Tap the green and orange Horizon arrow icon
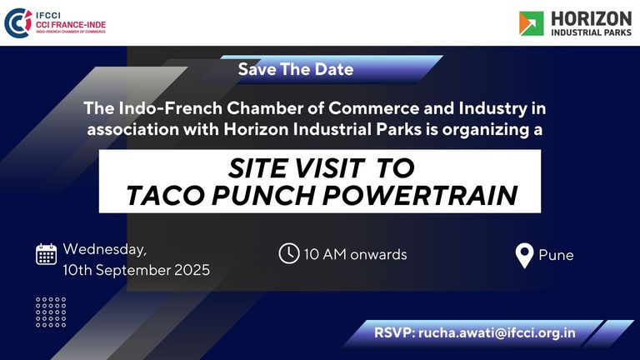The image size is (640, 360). click(531, 23)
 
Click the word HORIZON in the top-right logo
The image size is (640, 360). click(591, 19)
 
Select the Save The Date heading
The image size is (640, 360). click(296, 69)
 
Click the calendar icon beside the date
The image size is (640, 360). click(46, 254)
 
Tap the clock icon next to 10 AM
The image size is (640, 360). click(289, 253)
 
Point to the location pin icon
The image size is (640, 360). click(524, 256)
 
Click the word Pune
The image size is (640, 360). click(556, 255)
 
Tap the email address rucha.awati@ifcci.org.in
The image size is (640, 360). click(497, 332)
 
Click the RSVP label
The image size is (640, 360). click(395, 332)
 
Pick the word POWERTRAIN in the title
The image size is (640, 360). click(420, 195)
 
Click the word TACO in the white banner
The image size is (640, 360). click(164, 195)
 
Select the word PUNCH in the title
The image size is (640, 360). click(263, 195)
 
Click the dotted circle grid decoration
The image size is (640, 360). click(51, 312)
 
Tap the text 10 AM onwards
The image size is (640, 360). click(355, 254)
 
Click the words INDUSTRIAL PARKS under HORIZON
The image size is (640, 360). click(591, 32)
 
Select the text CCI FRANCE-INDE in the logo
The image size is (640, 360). click(71, 24)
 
